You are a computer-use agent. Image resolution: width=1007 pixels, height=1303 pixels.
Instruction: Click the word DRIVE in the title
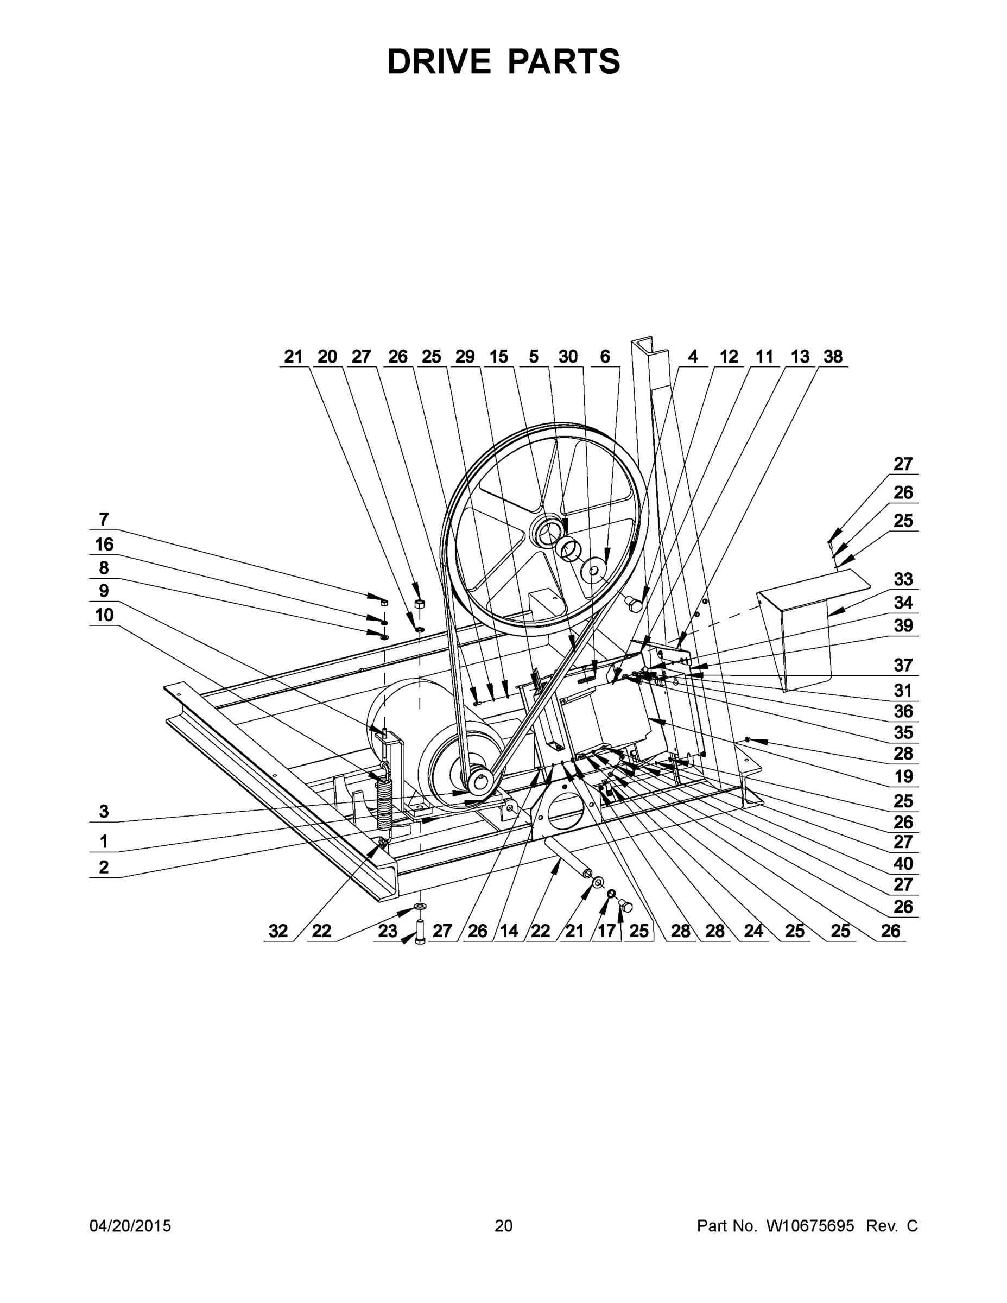click(438, 61)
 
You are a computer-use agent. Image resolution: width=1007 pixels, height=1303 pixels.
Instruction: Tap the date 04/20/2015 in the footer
click(130, 1226)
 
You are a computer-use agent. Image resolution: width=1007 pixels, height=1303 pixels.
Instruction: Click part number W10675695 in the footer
click(809, 1226)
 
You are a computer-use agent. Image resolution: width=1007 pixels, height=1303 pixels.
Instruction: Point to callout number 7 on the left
click(104, 519)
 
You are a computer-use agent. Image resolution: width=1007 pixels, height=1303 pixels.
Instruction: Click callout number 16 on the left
click(104, 544)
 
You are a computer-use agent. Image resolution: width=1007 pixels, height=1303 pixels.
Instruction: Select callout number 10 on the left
click(104, 615)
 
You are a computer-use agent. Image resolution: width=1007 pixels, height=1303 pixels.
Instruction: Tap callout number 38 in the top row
click(833, 356)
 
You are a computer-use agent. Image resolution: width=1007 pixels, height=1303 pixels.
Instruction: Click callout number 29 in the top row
click(465, 356)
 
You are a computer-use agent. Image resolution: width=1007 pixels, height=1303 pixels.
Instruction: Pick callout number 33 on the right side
click(903, 579)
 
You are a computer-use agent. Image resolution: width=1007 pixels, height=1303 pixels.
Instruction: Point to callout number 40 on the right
click(903, 863)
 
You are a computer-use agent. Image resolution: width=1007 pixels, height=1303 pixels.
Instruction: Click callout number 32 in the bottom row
click(278, 931)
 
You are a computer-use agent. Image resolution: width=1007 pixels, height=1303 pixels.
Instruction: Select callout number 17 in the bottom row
click(606, 931)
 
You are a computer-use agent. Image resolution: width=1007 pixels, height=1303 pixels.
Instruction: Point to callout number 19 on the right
click(903, 776)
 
